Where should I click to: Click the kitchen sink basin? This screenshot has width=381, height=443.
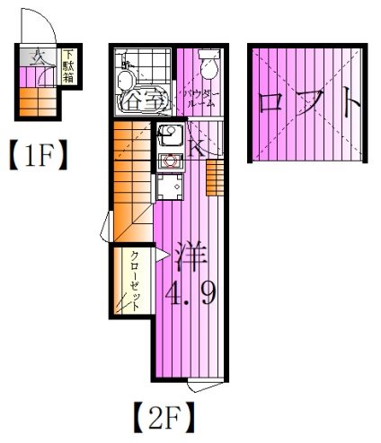tap(169, 135)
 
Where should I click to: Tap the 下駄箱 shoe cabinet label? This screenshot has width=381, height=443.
tap(69, 67)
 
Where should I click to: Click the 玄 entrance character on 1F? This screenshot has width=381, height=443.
tap(37, 59)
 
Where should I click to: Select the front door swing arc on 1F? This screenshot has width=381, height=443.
tap(40, 27)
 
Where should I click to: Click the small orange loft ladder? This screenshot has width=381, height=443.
tap(213, 179)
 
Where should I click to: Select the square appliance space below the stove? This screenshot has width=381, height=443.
tap(166, 187)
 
